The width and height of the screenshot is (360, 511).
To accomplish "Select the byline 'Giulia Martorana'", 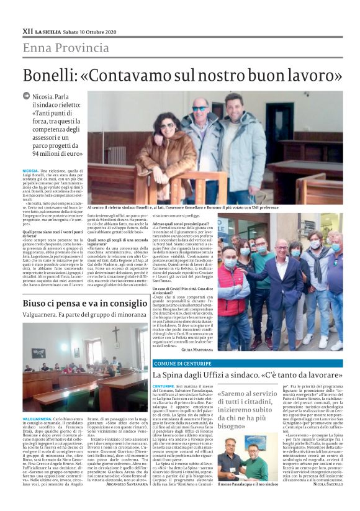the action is click(x=200, y=350).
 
